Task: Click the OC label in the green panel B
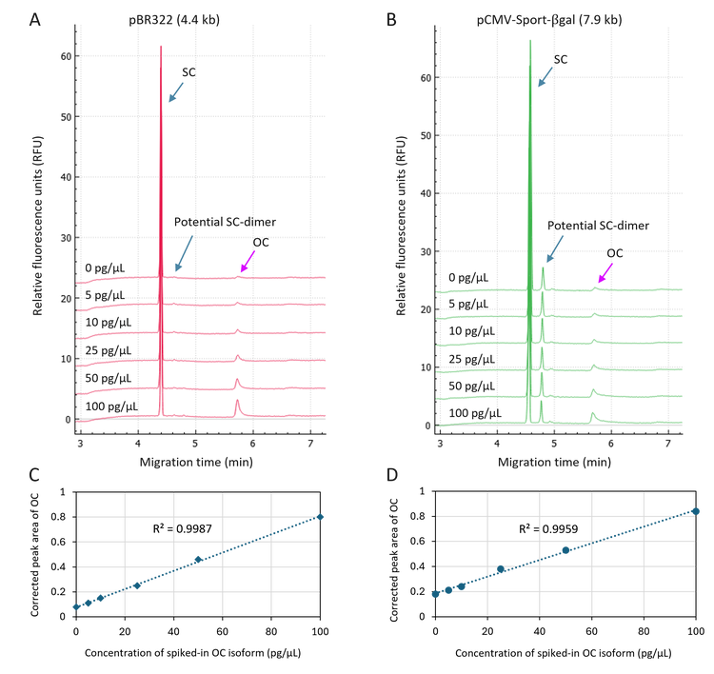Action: tap(615, 253)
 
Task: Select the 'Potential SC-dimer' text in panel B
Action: tap(598, 226)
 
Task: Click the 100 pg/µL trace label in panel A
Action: tap(111, 406)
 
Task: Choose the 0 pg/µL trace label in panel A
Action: tap(106, 268)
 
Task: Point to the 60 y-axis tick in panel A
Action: tap(67, 56)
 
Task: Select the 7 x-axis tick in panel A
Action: tap(311, 444)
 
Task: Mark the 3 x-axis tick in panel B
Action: tap(441, 444)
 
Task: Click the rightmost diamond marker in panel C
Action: tap(322, 517)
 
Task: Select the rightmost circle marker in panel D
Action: tap(697, 511)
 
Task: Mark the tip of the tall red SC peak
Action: tap(161, 46)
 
